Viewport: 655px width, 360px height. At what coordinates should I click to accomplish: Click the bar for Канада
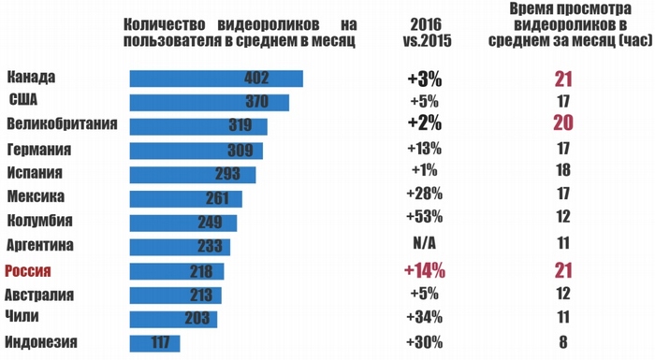coord(215,79)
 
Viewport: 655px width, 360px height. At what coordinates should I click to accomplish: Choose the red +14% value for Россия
coord(425,271)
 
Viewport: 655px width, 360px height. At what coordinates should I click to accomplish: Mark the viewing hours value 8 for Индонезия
coord(562,342)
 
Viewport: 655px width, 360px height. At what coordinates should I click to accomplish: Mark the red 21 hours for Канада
coord(561,79)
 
